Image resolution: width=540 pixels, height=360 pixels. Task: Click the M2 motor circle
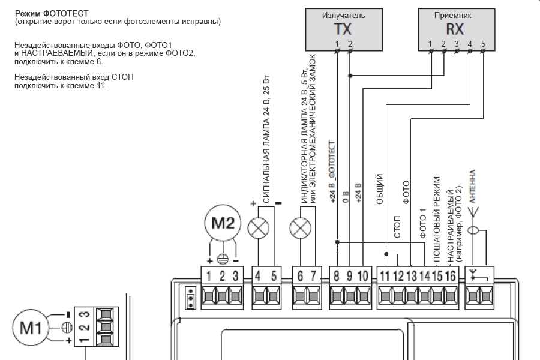click(223, 223)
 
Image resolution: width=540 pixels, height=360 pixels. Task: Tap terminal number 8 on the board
click(336, 276)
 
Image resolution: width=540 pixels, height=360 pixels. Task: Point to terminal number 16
click(451, 276)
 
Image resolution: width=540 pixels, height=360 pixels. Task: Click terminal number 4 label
click(257, 276)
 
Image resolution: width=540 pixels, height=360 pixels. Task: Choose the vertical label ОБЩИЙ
click(379, 189)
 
